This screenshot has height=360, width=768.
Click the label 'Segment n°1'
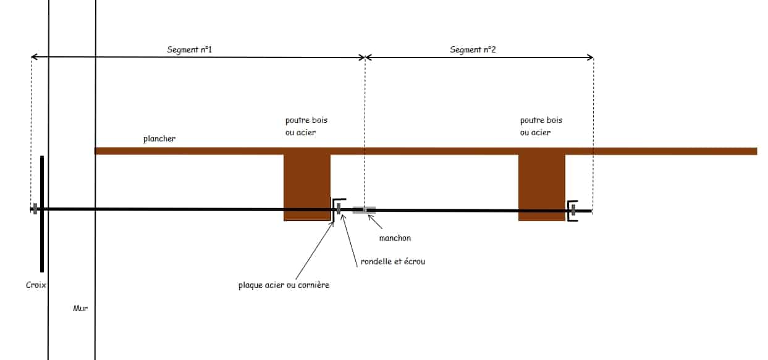[x=190, y=50]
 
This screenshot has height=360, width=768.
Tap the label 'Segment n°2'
[x=473, y=50]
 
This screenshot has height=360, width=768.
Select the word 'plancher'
[x=159, y=139]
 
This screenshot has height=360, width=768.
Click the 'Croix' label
[x=36, y=285]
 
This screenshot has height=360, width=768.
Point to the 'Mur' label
[x=80, y=308]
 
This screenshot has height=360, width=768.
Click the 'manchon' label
[x=395, y=238]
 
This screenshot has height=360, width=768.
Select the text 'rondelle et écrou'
[x=393, y=261]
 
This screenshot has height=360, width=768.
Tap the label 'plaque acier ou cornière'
[x=284, y=285]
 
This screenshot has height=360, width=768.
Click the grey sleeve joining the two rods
[x=364, y=210]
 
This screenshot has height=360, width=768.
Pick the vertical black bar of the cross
[x=42, y=214]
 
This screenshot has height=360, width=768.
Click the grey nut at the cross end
[x=35, y=209]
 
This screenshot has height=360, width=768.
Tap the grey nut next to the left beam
[x=339, y=209]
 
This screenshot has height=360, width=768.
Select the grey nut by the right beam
[x=573, y=211]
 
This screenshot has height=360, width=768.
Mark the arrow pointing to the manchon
[x=375, y=222]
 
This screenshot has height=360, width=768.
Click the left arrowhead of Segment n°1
[x=33, y=57]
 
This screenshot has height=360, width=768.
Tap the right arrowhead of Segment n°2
[x=591, y=57]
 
